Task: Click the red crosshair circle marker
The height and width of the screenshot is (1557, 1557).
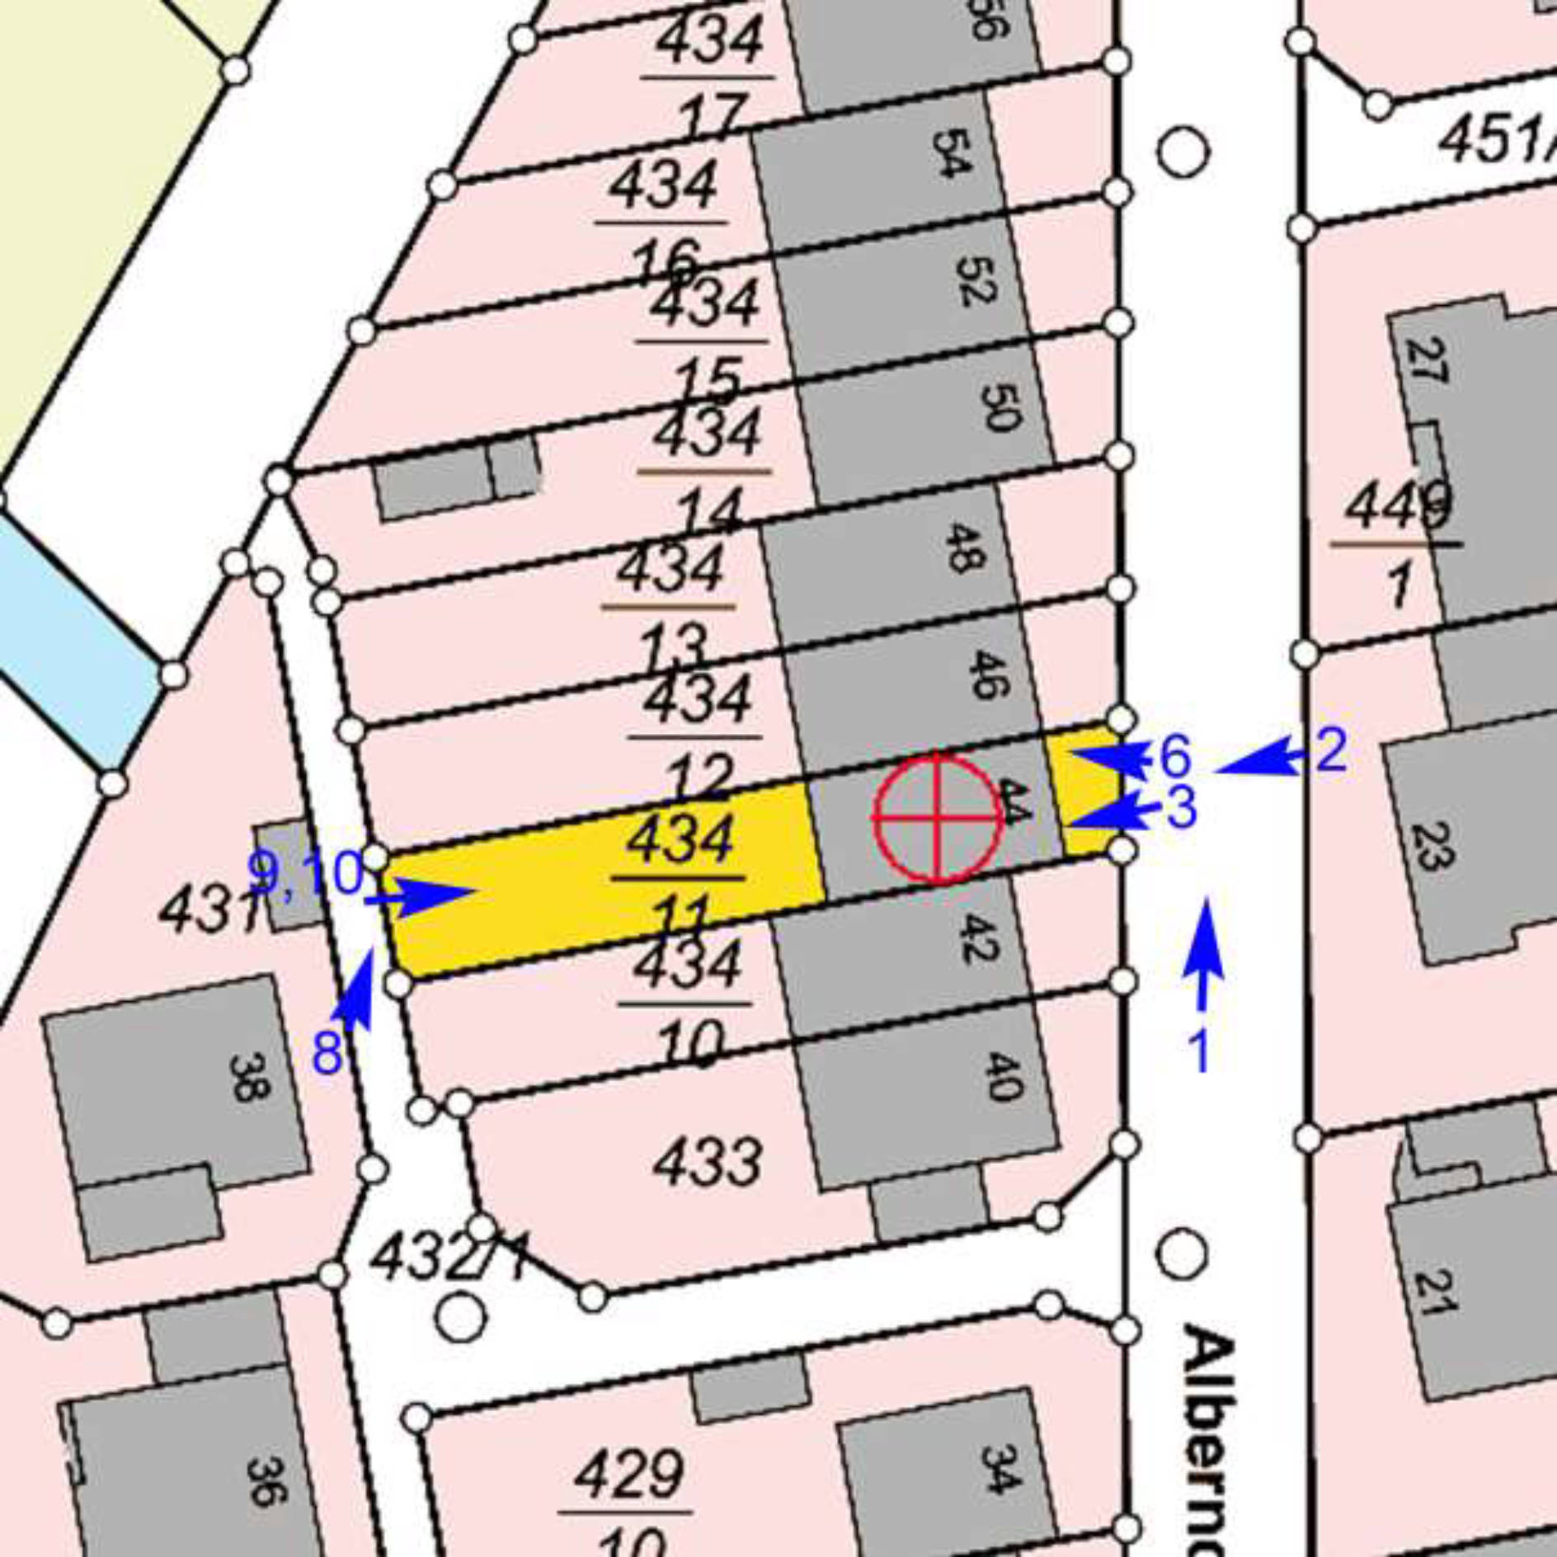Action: [938, 817]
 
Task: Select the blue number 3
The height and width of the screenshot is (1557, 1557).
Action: [1181, 808]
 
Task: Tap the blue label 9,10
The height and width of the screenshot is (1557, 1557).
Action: [306, 873]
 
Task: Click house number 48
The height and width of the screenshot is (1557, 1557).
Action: [962, 547]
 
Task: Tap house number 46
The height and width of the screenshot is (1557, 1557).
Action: [986, 675]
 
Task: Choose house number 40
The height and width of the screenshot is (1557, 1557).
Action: [1004, 1077]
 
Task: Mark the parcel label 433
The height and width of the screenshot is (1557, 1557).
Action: [708, 1163]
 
